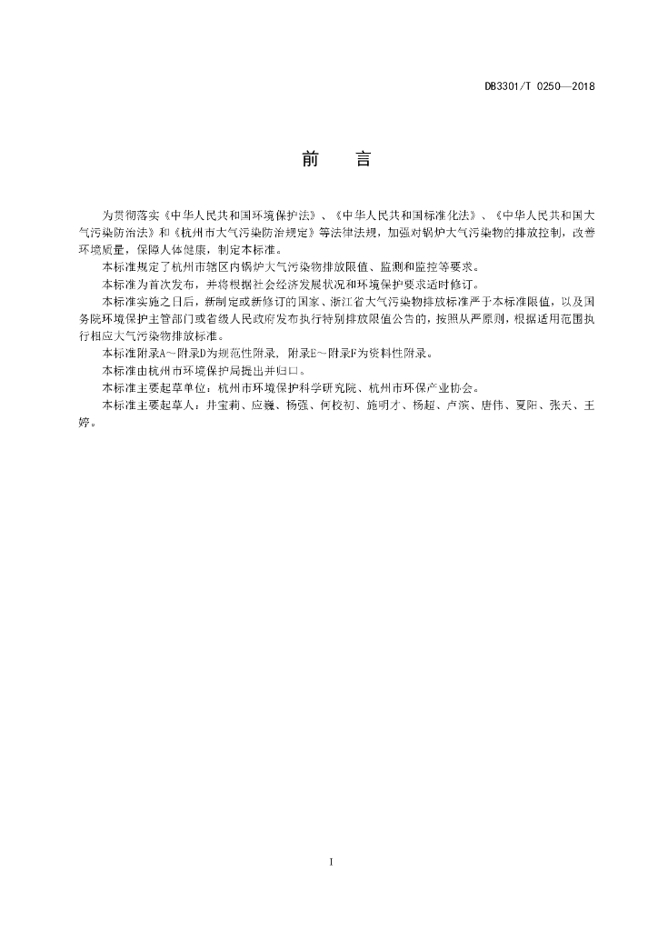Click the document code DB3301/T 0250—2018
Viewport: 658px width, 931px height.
coord(539,86)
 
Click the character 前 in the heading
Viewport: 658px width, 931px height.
coord(309,160)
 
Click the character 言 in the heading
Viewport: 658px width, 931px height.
coord(362,160)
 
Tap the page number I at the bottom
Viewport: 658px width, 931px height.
coord(332,860)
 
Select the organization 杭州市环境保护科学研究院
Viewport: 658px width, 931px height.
coord(285,387)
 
